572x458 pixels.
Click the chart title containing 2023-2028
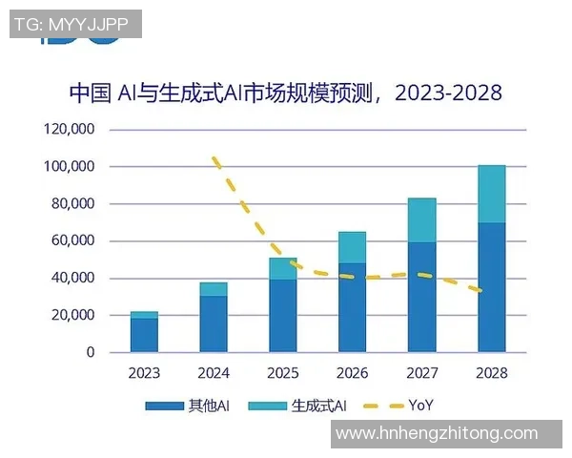pos(285,93)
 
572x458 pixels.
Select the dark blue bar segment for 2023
pos(144,335)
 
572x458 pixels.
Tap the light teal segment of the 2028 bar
pos(491,194)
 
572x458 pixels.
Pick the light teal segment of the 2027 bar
pos(421,220)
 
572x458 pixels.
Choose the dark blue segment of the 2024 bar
pos(214,323)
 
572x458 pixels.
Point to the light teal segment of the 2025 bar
pos(282,268)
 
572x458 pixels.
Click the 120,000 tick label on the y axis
pos(69,130)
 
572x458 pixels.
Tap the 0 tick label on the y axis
pos(91,353)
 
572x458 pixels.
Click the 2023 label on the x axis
pos(144,373)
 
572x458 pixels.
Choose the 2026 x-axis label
pos(352,373)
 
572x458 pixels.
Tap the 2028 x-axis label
pos(491,373)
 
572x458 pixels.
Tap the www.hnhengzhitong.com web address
pos(438,433)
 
